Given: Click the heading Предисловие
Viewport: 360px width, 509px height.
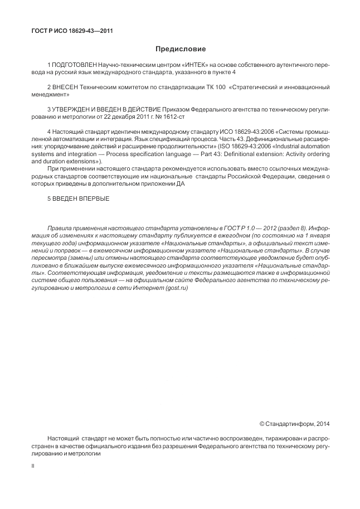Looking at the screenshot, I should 181,50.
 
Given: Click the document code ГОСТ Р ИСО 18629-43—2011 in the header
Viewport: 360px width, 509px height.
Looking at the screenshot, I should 72,31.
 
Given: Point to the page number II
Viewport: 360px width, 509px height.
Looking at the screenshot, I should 32,463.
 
